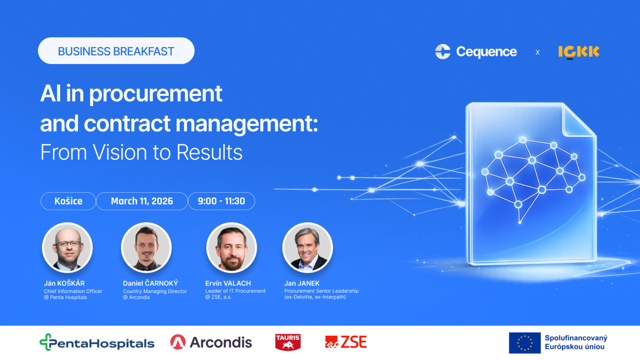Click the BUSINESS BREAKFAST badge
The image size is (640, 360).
click(x=116, y=51)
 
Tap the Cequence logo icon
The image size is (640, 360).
click(x=443, y=52)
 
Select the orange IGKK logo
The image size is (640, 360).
click(x=579, y=52)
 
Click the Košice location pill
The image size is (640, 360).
click(x=68, y=201)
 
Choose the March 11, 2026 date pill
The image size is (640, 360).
click(x=142, y=201)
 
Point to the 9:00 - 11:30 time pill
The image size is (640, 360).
click(x=221, y=201)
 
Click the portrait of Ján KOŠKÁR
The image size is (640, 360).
click(x=68, y=248)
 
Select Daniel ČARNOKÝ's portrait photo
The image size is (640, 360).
click(x=146, y=248)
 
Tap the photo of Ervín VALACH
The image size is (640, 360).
click(x=231, y=248)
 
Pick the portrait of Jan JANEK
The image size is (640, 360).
click(x=308, y=248)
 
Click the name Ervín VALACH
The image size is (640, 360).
click(x=228, y=283)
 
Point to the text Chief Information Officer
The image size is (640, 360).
click(x=73, y=291)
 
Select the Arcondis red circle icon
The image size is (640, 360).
click(x=178, y=342)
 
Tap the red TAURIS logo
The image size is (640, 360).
click(x=288, y=342)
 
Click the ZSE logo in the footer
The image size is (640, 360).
click(x=346, y=342)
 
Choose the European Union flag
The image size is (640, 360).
click(x=525, y=343)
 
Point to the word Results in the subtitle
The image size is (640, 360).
click(x=209, y=152)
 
